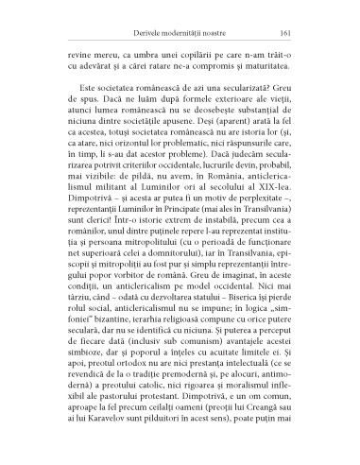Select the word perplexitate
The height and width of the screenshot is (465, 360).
(264, 212)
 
